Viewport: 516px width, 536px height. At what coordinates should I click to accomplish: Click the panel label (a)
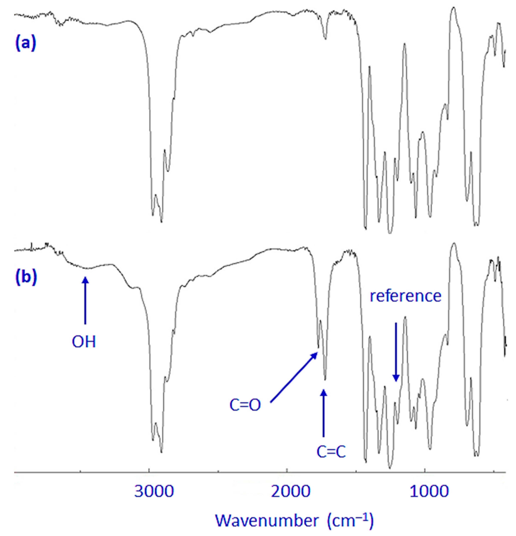(25, 43)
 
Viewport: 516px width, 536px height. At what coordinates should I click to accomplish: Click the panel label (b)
(25, 277)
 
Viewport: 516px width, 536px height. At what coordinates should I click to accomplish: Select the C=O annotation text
(245, 406)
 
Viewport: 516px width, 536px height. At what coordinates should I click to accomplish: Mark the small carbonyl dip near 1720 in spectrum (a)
(325, 39)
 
